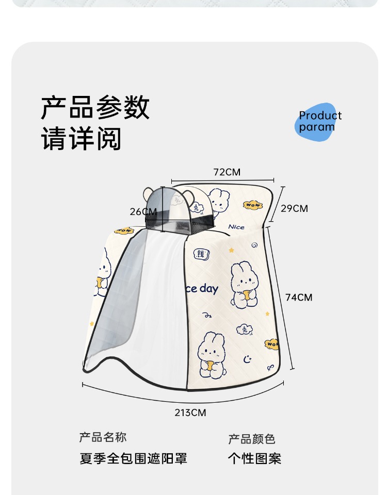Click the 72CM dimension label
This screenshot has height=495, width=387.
click(x=227, y=172)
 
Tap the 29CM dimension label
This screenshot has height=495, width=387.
click(x=294, y=208)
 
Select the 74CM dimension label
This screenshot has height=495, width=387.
click(x=299, y=297)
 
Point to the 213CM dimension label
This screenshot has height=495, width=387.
click(x=190, y=412)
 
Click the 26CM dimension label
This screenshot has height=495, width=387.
click(x=143, y=211)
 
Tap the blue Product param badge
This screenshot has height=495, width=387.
click(x=318, y=122)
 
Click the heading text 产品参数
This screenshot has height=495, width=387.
click(x=95, y=108)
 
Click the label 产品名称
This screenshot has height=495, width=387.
click(x=103, y=437)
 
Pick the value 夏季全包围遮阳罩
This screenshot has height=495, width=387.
click(x=133, y=458)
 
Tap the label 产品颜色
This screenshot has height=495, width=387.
click(x=252, y=439)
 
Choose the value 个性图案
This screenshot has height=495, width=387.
click(x=254, y=458)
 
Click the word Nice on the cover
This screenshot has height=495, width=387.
click(x=236, y=227)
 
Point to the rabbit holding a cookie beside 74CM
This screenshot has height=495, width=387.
click(x=244, y=285)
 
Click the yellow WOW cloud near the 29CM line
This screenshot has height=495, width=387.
click(x=253, y=205)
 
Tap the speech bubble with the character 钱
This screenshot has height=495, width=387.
click(x=201, y=254)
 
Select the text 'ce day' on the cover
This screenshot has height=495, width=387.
click(x=201, y=289)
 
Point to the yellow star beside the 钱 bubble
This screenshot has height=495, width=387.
click(x=231, y=250)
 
